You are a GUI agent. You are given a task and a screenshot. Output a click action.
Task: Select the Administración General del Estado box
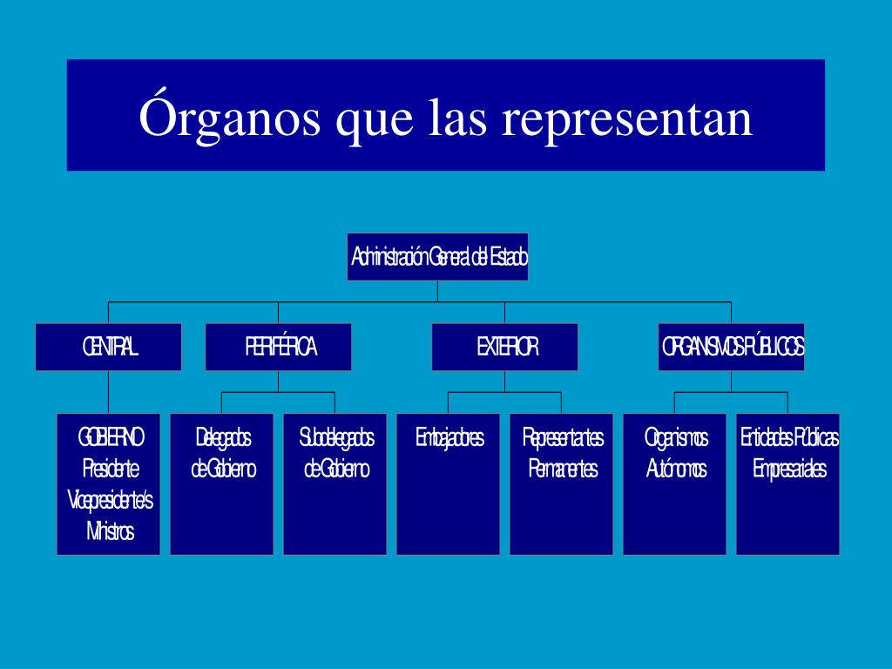point(437,257)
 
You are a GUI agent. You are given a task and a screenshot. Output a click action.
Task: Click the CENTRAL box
point(109,347)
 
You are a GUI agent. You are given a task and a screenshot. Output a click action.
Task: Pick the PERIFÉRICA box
point(279,347)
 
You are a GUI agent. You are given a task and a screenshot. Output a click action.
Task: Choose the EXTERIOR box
point(505,347)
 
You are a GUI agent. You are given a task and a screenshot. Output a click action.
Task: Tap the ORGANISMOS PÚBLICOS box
point(732,347)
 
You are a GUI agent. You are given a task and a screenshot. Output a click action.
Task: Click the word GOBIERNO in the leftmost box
point(110,437)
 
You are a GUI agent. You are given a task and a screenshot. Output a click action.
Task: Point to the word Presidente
point(110,469)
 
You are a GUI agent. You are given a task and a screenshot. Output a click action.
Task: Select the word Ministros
point(110,531)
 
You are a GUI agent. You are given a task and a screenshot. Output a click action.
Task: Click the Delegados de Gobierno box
point(222,483)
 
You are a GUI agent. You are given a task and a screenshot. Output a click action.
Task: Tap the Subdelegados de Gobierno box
point(335,483)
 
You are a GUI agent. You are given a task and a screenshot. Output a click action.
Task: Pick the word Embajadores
point(449,437)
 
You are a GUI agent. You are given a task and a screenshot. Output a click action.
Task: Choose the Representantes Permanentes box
point(562,483)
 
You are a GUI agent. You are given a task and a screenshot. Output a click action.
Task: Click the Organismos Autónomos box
point(675,483)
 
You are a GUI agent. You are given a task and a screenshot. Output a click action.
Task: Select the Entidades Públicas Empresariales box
point(788,483)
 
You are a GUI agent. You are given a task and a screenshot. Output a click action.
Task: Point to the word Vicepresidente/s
point(110,500)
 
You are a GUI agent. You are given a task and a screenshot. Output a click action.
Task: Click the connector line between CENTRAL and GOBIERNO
point(109,392)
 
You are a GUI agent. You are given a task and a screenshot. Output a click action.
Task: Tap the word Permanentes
point(563,469)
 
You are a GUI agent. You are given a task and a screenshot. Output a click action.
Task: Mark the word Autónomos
point(676,469)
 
